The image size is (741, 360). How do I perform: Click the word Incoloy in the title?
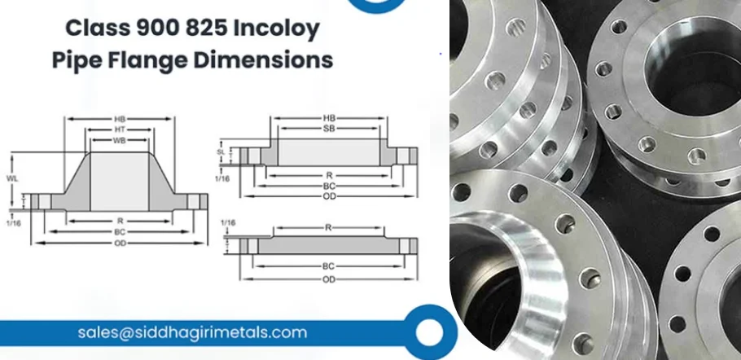point(275,30)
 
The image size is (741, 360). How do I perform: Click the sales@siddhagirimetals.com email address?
point(192,332)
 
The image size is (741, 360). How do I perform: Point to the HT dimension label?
point(119,130)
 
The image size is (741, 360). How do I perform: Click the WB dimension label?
point(119,142)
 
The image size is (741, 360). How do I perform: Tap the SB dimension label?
point(330,130)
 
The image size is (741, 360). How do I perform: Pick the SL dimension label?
point(220,152)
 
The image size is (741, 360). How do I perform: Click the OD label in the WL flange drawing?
point(119,243)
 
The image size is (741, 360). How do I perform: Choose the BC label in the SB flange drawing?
point(330,185)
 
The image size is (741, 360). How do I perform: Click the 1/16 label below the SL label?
point(220,177)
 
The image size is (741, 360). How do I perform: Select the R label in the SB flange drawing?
point(330,174)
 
